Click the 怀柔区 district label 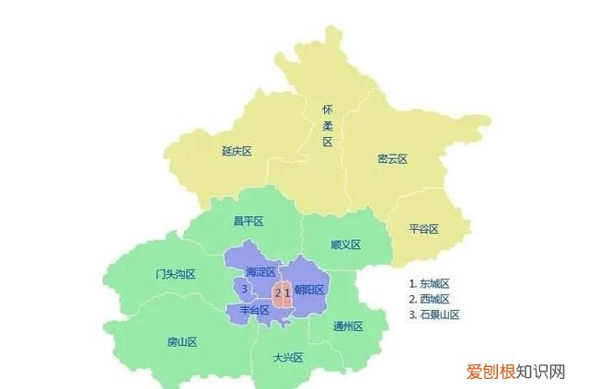point(328,125)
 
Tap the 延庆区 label point(237,151)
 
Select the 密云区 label point(392,158)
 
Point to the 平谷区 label point(423,228)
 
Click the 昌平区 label point(248,221)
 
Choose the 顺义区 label point(345,244)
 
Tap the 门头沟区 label point(176,274)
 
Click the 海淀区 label point(260,272)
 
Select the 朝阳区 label point(310,291)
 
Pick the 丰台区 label point(255,311)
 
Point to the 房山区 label point(182,342)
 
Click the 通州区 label point(348,326)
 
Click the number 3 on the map point(243,289)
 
